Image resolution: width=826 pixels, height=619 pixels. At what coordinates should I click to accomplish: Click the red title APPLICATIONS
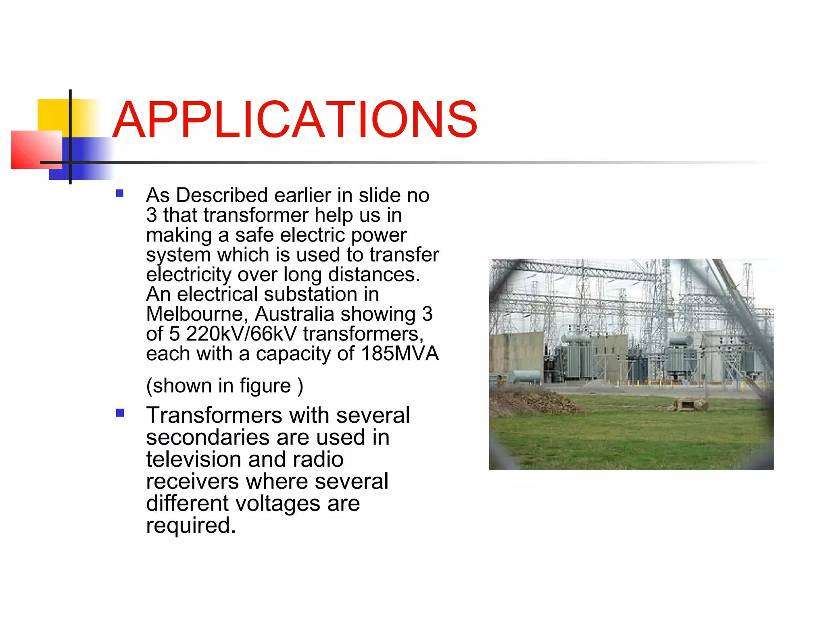(x=295, y=120)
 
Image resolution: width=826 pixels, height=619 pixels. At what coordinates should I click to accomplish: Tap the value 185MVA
(x=400, y=353)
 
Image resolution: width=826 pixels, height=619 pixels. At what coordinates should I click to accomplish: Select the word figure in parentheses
(x=265, y=386)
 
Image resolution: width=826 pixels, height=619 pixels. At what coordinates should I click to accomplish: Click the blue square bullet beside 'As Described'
(x=120, y=193)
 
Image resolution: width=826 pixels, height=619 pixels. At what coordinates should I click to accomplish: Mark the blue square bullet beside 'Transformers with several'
(x=120, y=413)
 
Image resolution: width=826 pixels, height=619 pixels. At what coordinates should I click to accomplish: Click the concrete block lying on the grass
(x=690, y=404)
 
